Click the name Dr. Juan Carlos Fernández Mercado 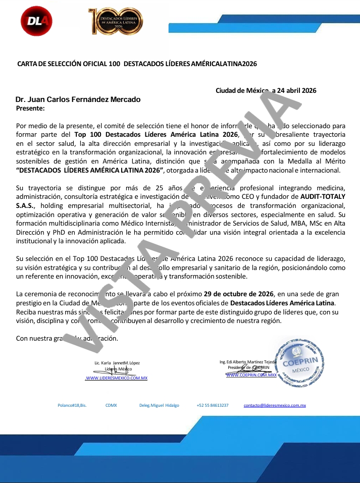[78, 99]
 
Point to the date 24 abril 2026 [297, 91]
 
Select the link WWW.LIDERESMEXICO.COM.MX [116, 378]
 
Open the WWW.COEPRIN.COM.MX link [251, 375]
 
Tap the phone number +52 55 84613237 [213, 405]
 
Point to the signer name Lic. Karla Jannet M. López [117, 363]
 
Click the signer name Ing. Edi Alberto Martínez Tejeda [247, 362]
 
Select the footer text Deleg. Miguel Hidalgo [159, 405]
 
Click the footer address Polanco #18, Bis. [72, 405]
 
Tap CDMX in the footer [111, 405]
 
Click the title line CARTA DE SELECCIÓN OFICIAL [137, 64]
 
